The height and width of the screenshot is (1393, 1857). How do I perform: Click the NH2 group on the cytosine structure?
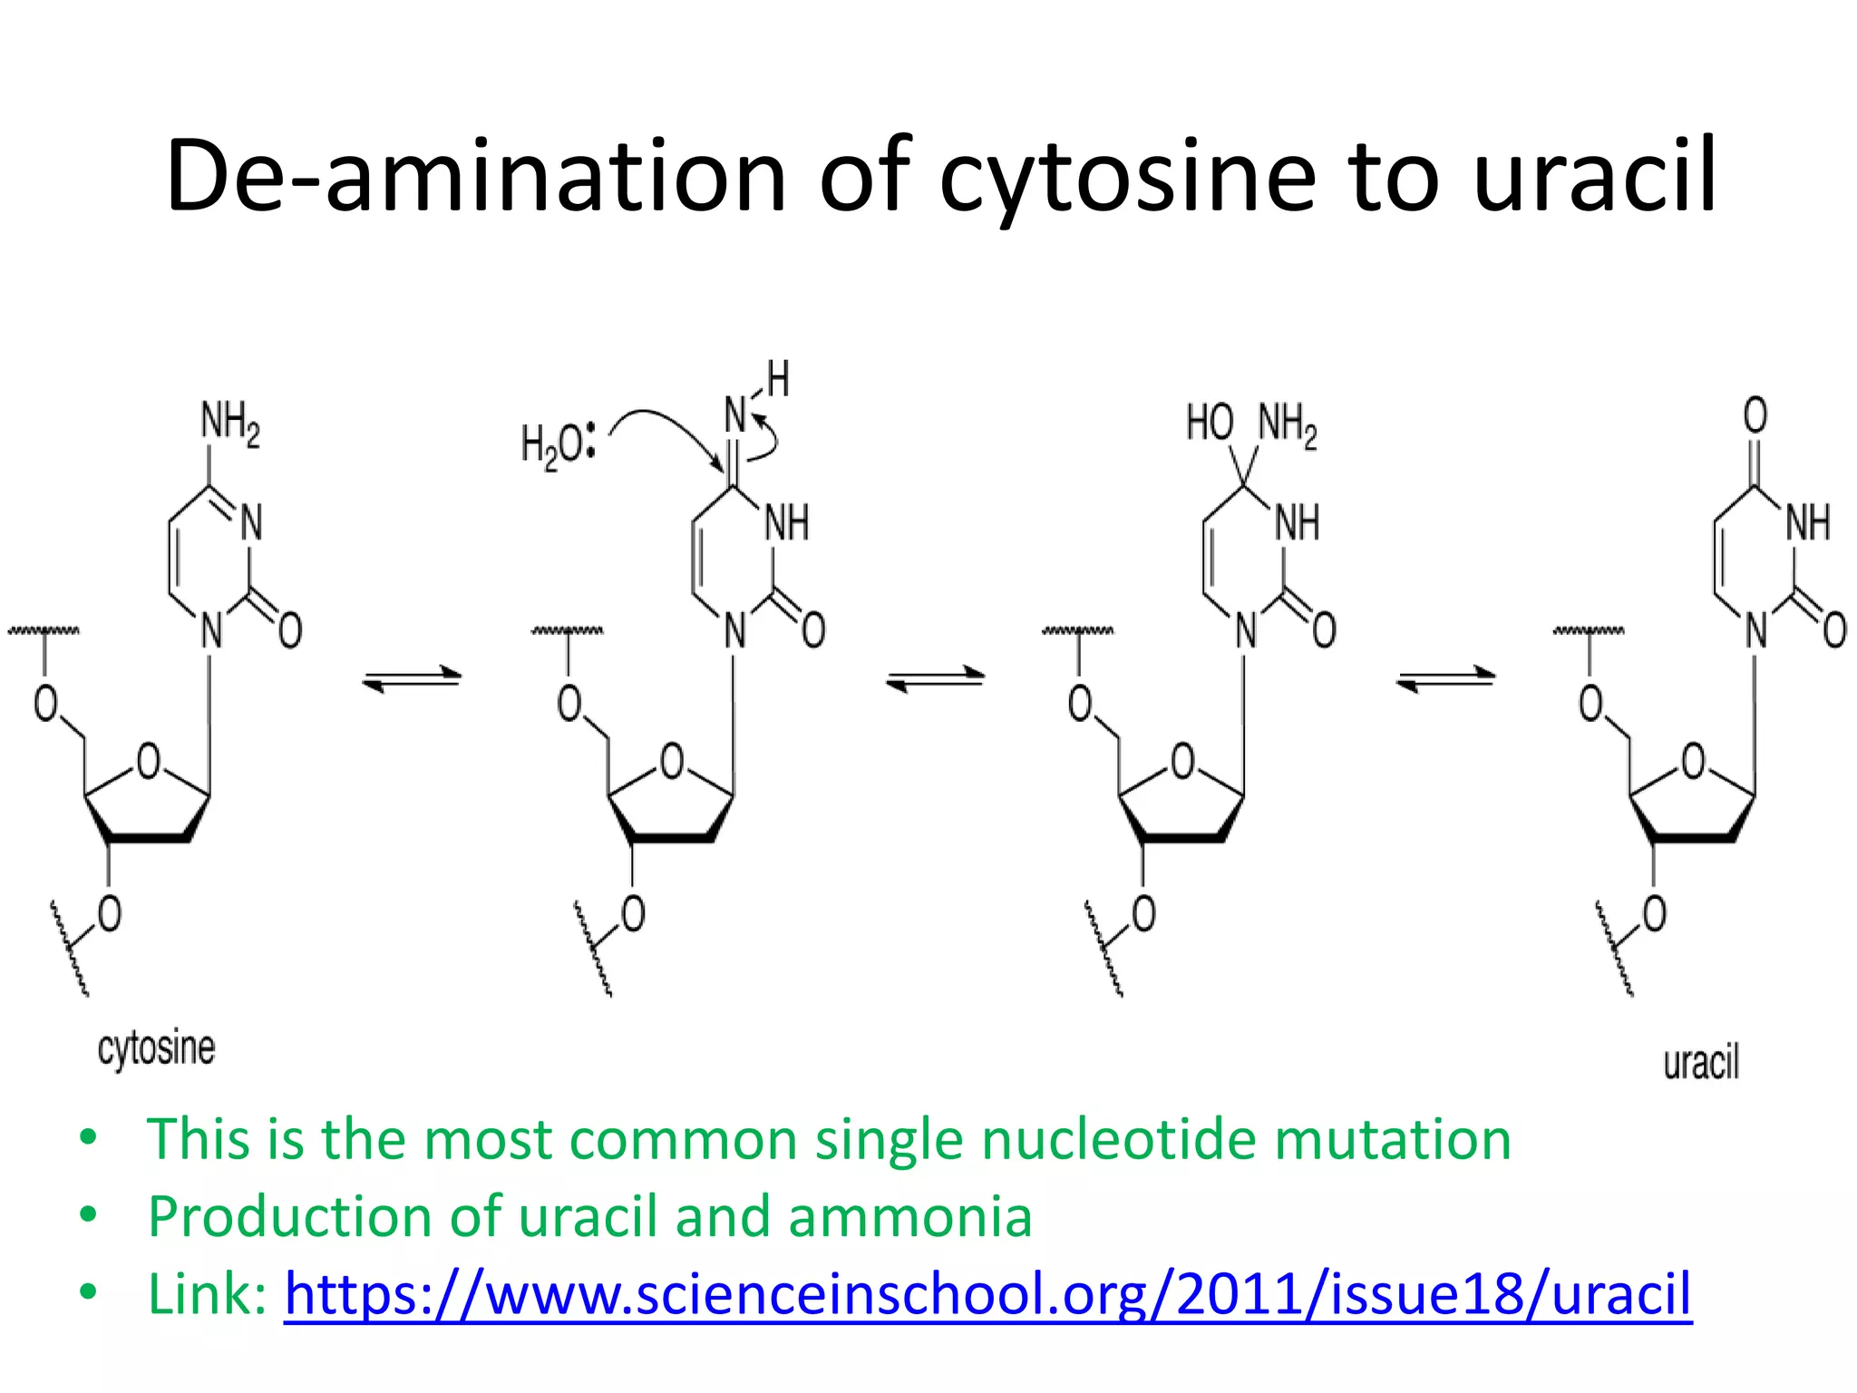[x=229, y=424]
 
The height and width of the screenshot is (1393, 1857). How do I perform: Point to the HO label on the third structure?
[x=1210, y=424]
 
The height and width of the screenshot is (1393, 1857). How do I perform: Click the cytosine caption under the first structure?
[x=156, y=1050]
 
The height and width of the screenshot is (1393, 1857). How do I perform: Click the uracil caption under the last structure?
[x=1701, y=1063]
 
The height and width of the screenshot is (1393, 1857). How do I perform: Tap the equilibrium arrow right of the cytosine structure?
[x=413, y=678]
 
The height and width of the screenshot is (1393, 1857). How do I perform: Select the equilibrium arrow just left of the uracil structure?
[x=1445, y=678]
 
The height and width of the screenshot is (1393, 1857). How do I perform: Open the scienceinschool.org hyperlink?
[x=987, y=1293]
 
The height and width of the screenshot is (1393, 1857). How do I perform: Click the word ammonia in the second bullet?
[x=910, y=1216]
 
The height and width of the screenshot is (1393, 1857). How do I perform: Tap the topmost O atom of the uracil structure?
[x=1755, y=415]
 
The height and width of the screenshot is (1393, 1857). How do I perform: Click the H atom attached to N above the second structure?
[x=778, y=379]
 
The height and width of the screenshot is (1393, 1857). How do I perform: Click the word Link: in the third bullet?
[x=207, y=1293]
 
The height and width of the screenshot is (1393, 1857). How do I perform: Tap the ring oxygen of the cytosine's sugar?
[x=148, y=762]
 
